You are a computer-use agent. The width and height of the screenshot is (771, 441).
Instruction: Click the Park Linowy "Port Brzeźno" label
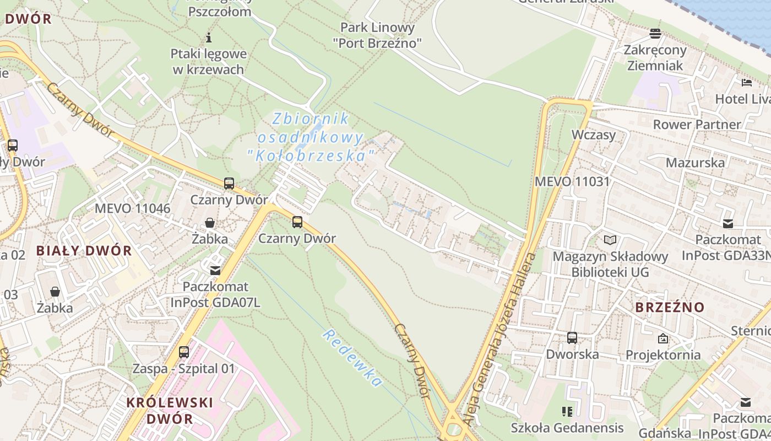(x=377, y=35)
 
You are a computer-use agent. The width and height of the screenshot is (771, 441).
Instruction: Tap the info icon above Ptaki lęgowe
(x=209, y=37)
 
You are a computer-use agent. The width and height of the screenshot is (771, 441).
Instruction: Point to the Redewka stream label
(x=352, y=358)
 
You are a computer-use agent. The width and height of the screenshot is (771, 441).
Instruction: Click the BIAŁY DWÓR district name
(x=84, y=251)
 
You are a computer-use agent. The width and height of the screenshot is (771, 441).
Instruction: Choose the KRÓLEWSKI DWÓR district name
(x=169, y=410)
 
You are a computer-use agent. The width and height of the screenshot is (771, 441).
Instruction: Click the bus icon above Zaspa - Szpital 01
(x=184, y=352)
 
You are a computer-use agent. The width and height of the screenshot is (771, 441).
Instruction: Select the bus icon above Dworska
(x=572, y=337)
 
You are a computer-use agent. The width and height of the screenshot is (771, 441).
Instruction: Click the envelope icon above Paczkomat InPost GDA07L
(x=215, y=271)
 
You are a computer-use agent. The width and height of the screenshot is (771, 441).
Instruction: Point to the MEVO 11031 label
(x=572, y=181)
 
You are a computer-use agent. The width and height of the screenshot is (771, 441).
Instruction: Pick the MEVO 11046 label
(x=133, y=208)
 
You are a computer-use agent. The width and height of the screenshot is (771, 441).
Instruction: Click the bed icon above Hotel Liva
(x=747, y=83)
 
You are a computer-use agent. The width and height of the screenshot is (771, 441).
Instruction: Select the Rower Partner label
(x=697, y=125)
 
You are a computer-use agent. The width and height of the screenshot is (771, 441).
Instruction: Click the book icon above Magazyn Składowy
(x=610, y=240)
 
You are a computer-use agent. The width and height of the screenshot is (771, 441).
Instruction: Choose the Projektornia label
(x=663, y=355)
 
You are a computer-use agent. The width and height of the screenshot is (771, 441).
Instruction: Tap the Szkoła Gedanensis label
(x=567, y=428)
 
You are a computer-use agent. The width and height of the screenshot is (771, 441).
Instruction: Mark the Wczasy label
(x=593, y=135)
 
